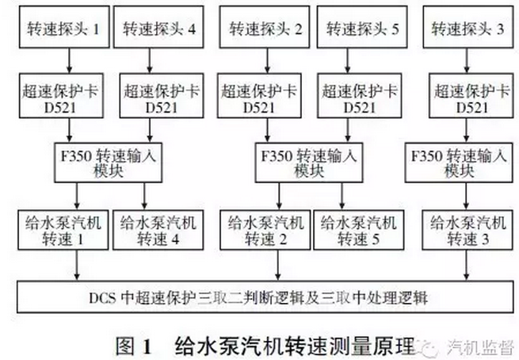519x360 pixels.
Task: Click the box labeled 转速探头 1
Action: (x=64, y=27)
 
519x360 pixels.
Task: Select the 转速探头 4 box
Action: (x=158, y=27)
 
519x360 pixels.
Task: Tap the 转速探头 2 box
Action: (x=265, y=27)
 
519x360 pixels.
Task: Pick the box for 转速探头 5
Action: (x=362, y=27)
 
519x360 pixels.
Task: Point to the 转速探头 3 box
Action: (x=468, y=27)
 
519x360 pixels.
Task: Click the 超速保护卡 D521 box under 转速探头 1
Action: (x=61, y=96)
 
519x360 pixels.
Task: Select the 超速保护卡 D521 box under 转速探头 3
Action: (x=471, y=96)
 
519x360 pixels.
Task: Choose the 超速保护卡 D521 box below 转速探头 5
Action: (x=360, y=96)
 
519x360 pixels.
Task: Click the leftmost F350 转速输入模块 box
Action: (x=109, y=163)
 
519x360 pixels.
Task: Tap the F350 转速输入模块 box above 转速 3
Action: (x=459, y=163)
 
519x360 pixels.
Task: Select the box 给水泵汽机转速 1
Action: (x=63, y=230)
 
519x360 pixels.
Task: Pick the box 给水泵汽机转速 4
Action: (x=158, y=230)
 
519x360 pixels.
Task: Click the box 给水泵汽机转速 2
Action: (x=265, y=230)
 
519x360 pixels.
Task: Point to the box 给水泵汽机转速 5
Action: (x=358, y=230)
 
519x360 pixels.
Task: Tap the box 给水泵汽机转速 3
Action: (x=467, y=230)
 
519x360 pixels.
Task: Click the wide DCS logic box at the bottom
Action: (x=265, y=297)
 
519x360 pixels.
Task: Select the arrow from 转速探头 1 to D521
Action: (x=69, y=60)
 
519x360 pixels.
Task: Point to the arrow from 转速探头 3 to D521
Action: (x=467, y=60)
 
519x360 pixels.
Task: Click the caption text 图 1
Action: (x=133, y=347)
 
